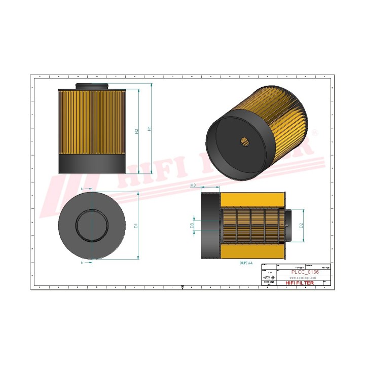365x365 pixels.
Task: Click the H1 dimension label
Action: [149, 129]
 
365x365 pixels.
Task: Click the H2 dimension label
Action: [136, 131]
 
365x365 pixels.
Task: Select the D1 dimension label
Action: [136, 225]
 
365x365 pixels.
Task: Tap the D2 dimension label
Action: [301, 225]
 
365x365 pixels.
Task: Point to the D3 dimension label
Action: [192, 225]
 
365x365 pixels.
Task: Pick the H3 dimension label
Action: [193, 186]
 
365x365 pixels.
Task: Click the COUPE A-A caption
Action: [247, 264]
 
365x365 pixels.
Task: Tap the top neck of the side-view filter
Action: [92, 86]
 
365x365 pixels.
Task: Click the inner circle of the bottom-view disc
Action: [92, 225]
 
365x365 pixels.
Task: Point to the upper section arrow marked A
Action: [83, 188]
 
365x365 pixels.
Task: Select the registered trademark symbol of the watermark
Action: [315, 133]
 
